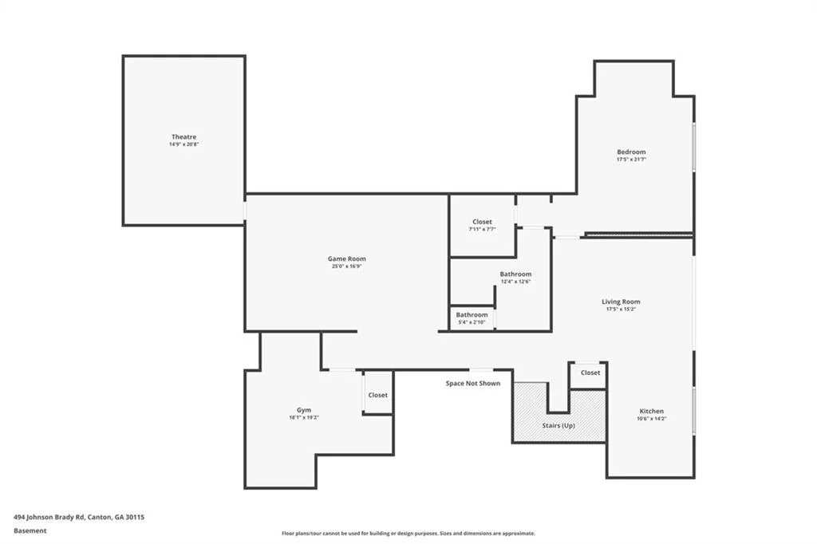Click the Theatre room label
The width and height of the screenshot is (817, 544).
(184, 136)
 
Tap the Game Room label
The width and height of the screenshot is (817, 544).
(346, 258)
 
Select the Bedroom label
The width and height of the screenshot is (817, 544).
(631, 152)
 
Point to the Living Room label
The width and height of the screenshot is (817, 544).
(621, 302)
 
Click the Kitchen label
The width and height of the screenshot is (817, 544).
(651, 411)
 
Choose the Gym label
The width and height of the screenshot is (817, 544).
(304, 410)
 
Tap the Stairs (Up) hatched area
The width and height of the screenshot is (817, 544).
(558, 417)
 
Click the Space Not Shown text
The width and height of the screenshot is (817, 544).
(472, 383)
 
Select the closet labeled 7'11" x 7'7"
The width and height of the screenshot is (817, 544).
(482, 225)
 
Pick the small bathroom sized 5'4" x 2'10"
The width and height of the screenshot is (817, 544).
(472, 318)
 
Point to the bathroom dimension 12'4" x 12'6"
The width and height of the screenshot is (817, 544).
(516, 282)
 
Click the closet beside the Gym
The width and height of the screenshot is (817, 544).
(377, 395)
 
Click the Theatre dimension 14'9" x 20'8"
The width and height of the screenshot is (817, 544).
(184, 144)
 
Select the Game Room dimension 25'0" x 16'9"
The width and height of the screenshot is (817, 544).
(346, 266)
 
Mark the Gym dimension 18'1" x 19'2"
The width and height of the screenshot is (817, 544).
(304, 417)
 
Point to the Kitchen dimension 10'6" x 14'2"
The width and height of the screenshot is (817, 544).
(651, 419)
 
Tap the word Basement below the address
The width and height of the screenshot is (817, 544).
(30, 530)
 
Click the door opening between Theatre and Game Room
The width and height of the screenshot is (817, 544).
(245, 211)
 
